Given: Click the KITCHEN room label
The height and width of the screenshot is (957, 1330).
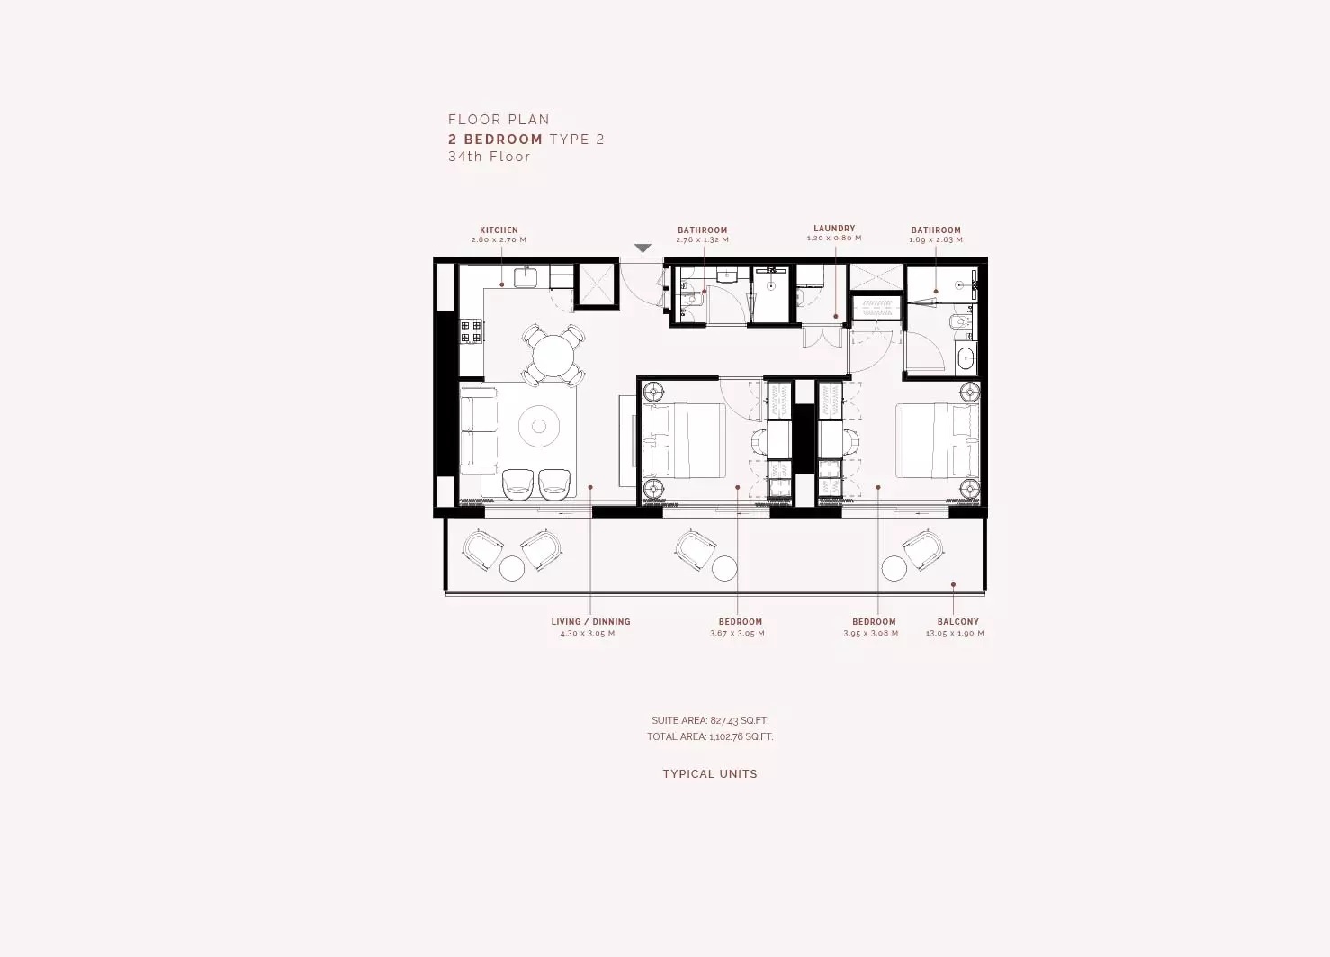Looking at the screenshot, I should tap(499, 230).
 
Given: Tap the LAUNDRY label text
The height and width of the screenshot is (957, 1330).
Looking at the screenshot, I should tap(834, 229).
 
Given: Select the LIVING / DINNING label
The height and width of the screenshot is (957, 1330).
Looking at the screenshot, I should tap(590, 622).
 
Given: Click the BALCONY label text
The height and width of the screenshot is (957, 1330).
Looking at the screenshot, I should tap(957, 622).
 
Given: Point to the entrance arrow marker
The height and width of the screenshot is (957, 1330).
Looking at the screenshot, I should tap(643, 248).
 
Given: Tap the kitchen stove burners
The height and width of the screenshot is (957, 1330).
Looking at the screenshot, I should tap(471, 331).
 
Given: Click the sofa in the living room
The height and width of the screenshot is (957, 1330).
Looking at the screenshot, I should tap(478, 429).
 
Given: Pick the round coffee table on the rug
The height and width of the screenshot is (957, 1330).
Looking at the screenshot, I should tap(538, 427).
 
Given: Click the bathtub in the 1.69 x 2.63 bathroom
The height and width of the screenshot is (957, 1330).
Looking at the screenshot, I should tap(965, 358).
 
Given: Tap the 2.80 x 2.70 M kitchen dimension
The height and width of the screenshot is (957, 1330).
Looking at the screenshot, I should tap(499, 240).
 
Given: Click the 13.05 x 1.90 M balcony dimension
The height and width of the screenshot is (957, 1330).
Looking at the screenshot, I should tap(955, 634).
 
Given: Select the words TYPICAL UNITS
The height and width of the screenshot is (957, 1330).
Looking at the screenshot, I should tap(709, 774).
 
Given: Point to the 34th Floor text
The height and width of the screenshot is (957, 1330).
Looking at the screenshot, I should tap(490, 157).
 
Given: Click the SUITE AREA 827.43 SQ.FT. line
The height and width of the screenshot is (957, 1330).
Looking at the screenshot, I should tap(710, 720).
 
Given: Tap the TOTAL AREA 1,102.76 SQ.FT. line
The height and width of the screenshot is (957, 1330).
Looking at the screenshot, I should tap(709, 736).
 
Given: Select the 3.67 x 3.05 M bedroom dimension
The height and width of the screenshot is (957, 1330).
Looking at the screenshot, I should tap(737, 634).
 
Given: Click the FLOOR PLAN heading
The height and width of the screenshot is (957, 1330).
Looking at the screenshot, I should tap(499, 120).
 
